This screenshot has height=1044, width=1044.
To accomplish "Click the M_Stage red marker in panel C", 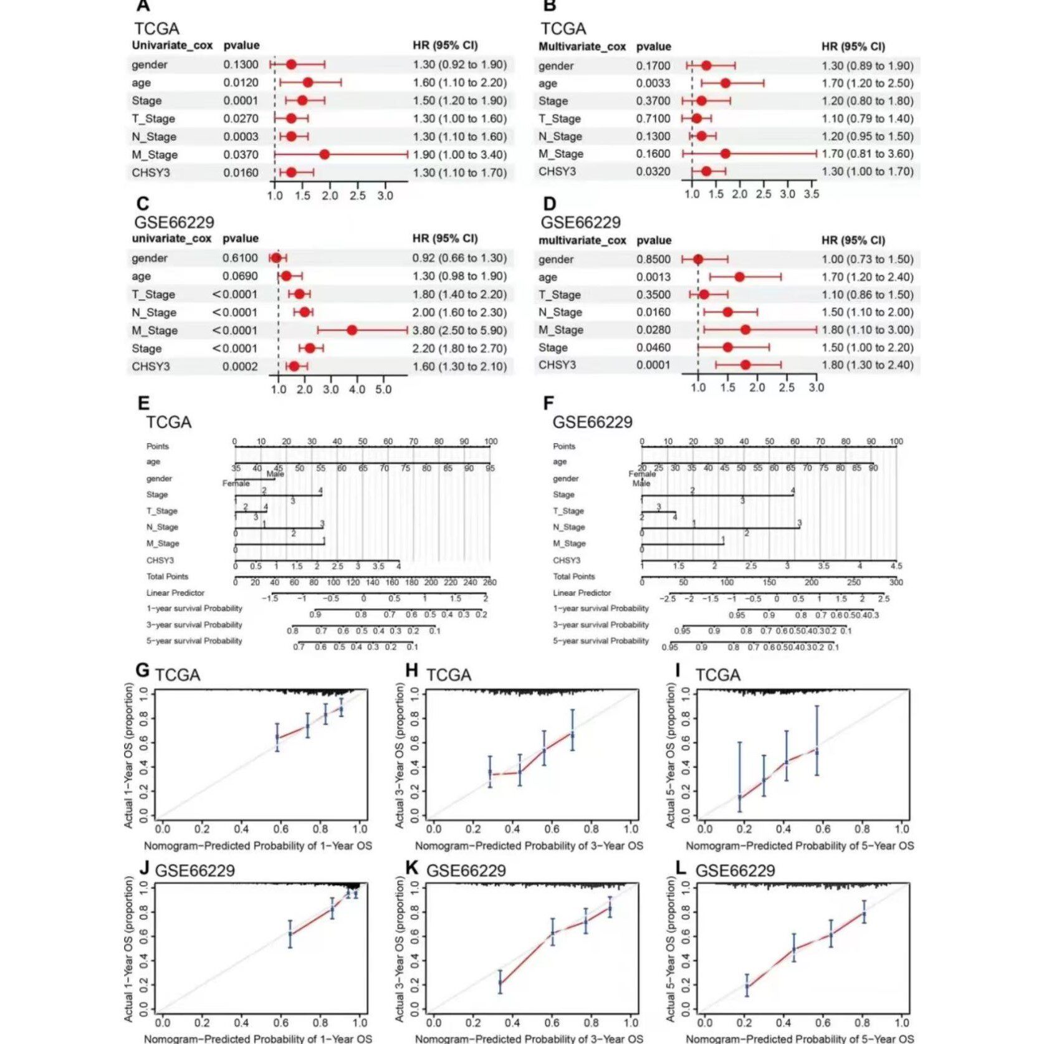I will tap(352, 330).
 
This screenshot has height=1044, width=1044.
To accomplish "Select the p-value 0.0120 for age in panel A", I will tap(241, 82).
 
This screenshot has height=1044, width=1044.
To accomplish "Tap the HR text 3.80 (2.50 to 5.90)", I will tap(459, 330).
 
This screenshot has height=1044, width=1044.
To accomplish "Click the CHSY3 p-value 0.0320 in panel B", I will tap(653, 171).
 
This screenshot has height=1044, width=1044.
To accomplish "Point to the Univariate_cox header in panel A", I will tap(172, 45).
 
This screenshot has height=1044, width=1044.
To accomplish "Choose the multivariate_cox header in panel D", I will tap(582, 241).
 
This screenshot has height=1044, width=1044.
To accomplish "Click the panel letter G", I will tap(143, 671).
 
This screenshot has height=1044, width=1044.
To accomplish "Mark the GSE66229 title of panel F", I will tap(592, 423).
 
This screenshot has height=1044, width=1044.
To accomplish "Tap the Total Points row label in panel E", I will tap(167, 577).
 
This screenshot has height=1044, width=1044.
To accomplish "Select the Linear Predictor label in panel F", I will tap(582, 593).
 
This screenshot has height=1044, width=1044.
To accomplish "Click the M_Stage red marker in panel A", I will tap(324, 155).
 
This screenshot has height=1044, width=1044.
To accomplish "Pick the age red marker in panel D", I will tap(739, 277).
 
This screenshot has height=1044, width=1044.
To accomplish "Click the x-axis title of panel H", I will tap(529, 846).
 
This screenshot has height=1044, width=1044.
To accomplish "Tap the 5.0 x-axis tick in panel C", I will tap(383, 390).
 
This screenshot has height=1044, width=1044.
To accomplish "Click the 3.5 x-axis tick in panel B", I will tap(811, 194).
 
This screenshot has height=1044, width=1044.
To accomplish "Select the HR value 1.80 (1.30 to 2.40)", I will tap(867, 365).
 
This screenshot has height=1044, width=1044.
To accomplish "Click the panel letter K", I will tap(411, 867).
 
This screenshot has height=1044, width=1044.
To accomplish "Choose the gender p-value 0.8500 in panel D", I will tap(653, 259).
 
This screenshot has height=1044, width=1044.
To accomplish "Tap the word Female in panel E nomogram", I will tap(236, 484).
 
